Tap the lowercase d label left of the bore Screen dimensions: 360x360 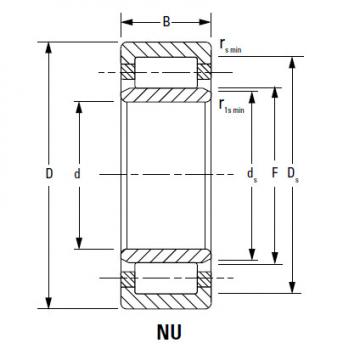[x=77, y=174]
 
